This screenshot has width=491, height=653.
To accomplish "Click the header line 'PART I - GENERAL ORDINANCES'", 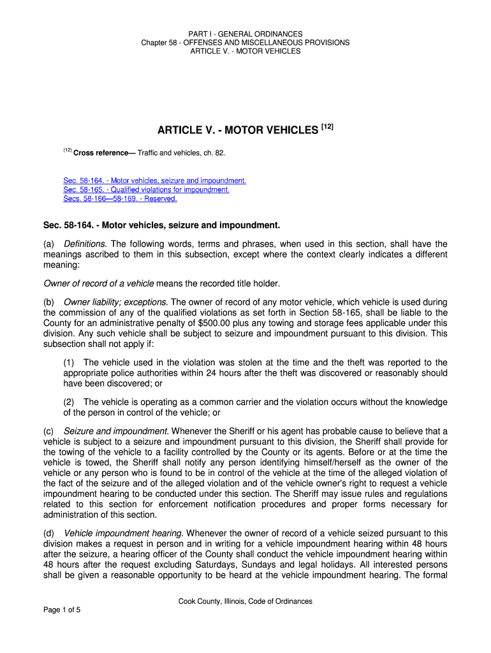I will coord(246,34).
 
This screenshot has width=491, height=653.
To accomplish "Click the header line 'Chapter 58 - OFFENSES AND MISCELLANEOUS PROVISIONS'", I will coord(246,43).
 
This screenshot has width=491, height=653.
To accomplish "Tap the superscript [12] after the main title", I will coord(326,128).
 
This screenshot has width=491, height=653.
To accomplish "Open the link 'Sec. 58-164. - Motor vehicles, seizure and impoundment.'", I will coord(154,181).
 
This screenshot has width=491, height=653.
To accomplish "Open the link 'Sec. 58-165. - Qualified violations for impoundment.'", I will coord(146,190).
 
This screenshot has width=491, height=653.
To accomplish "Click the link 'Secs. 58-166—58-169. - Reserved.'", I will coord(120,199).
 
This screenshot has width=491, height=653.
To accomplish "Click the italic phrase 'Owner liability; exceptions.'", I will coord(115,302).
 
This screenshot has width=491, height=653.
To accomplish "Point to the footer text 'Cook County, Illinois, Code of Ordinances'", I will coord(246,601).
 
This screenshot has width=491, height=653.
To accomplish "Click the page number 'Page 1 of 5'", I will coord(62,610).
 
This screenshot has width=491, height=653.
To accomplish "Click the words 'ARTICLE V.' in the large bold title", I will coord(184,131).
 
